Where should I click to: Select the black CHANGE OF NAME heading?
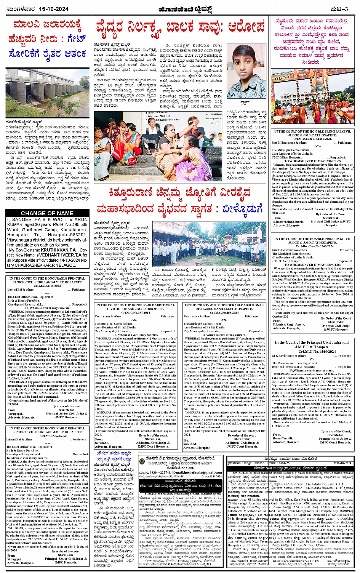(47, 213)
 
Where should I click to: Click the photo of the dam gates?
(47, 93)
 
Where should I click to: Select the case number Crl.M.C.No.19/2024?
(47, 285)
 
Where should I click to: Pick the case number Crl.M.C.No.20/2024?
(47, 435)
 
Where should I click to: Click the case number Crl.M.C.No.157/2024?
(136, 312)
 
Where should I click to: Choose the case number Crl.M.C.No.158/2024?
(224, 312)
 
